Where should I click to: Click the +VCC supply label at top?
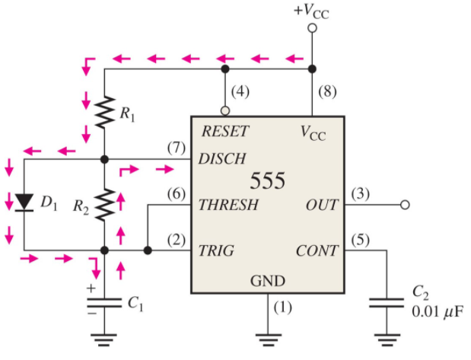click(x=311, y=10)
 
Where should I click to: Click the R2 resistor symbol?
click(x=104, y=204)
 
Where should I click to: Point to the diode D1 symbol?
click(x=24, y=202)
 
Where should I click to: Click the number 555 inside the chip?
click(x=267, y=181)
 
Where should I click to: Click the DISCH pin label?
click(x=222, y=159)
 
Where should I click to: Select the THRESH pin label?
click(x=228, y=205)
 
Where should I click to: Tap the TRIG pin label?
click(x=216, y=250)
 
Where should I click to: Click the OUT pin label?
click(x=321, y=205)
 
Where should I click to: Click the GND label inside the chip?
click(x=267, y=282)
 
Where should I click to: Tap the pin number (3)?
click(x=361, y=194)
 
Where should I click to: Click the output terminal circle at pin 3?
click(x=405, y=205)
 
